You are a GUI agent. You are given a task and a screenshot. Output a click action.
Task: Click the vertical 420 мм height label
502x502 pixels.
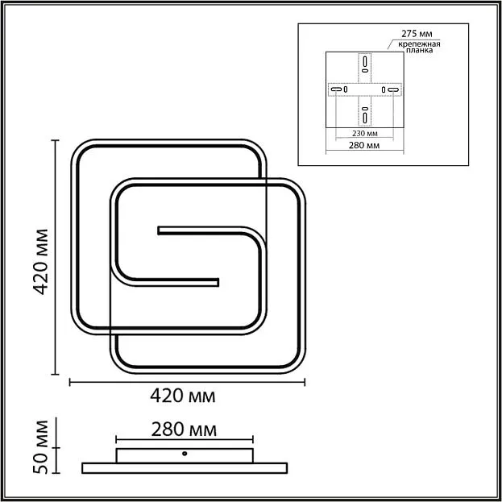(41, 262)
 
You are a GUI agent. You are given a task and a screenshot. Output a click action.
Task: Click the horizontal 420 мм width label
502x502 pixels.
(183, 396)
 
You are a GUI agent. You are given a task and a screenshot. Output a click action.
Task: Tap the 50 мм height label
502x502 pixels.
(41, 446)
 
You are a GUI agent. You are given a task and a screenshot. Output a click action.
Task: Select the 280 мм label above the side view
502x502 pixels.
(184, 429)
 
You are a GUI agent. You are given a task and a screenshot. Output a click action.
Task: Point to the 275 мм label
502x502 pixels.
(417, 34)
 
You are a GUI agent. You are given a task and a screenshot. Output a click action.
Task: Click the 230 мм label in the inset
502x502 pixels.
(365, 133)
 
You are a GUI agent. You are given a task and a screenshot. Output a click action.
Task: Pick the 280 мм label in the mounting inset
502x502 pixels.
(364, 145)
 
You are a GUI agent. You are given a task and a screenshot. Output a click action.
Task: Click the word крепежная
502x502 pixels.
(419, 44)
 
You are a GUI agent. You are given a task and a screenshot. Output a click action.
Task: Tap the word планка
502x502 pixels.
(419, 50)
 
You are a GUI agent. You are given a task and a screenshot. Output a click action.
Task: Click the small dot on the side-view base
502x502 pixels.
(185, 454)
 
